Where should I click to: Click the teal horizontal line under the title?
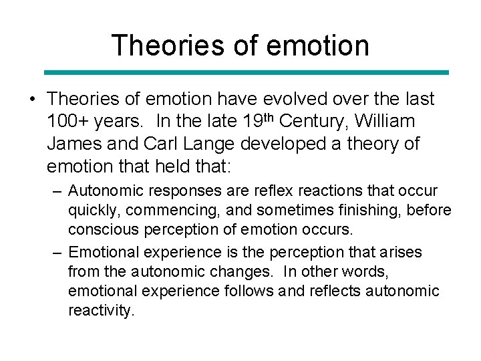(247, 72)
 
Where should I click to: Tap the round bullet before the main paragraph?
(32, 100)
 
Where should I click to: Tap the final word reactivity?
(101, 310)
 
